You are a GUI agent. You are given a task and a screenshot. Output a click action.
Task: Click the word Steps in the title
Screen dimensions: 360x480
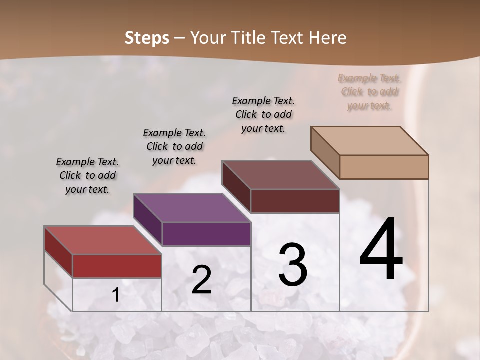coord(147,38)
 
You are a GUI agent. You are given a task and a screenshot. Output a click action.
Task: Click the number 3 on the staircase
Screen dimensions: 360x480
coord(293,265)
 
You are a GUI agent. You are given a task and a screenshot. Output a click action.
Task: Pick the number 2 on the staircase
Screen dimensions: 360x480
coord(201,280)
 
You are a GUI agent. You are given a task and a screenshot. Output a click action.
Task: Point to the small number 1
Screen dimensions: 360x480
coord(116,295)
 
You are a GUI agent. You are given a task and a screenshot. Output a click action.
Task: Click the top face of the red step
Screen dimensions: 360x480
coord(102,240)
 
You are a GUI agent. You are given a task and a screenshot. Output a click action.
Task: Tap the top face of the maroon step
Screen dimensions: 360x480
coord(280,175)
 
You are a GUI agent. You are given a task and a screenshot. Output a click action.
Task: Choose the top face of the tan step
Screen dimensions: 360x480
coord(369,141)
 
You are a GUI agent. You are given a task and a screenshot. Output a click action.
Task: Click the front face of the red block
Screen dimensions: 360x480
coord(117,266)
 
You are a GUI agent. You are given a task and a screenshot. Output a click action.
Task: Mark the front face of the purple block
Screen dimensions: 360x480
coord(206,234)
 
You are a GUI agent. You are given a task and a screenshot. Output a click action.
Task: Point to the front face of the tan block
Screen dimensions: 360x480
coord(384,167)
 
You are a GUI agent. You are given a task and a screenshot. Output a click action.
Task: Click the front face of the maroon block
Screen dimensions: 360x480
coord(295,201)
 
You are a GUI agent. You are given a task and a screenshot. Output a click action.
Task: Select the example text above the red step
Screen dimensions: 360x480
coord(87,176)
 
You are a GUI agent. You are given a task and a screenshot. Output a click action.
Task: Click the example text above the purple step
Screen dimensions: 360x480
coord(174,146)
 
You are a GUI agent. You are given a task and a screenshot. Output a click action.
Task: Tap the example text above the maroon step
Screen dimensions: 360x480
coord(263,114)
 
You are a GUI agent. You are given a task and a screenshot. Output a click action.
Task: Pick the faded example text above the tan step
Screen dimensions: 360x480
coord(369,92)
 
